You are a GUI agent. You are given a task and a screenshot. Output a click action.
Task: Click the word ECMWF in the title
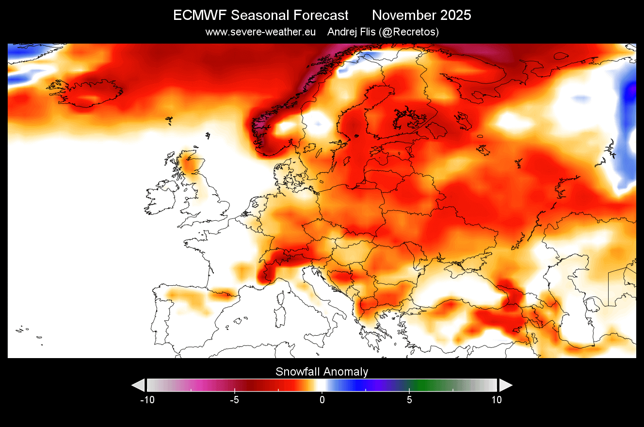199,16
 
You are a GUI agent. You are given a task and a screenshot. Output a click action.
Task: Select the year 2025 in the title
453,16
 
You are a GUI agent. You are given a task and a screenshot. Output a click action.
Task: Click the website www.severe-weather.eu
260,32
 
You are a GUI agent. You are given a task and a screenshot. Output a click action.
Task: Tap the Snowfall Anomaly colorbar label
322,372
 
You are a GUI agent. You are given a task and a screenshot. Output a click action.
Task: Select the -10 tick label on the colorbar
147,400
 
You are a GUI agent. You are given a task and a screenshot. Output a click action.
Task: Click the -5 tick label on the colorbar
235,400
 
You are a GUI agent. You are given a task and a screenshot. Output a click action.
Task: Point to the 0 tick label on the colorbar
322,400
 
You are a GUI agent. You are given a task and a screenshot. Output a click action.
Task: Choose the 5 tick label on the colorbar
409,400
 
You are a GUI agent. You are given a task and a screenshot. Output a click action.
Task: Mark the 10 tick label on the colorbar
497,400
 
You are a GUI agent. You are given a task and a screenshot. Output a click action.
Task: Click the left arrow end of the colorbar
138,385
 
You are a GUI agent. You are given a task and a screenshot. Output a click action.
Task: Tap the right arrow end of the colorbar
506,385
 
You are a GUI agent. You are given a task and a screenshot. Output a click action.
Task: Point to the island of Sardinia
280,318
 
